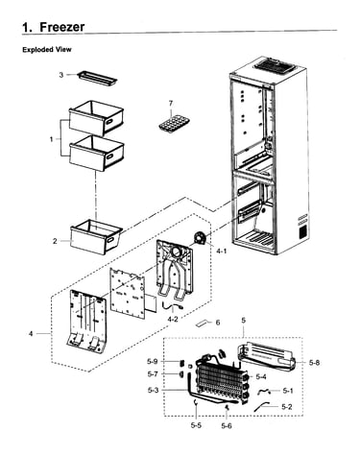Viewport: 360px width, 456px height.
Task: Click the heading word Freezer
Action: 62,27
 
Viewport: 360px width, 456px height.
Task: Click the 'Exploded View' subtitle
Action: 47,50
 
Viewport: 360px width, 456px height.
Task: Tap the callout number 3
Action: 61,75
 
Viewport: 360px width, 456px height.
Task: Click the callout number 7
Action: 171,104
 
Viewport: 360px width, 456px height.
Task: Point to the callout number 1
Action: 52,139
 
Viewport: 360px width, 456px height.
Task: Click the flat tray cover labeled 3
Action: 97,78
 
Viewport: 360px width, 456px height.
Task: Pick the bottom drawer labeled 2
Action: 96,236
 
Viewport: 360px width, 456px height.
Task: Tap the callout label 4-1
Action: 221,251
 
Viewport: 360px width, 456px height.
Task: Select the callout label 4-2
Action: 173,319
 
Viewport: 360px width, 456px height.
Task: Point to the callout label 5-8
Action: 314,363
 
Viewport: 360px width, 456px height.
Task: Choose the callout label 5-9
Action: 153,362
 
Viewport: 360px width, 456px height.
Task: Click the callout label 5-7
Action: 153,373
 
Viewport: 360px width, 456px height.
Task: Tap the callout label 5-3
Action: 153,390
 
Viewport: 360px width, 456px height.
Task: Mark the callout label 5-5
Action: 196,425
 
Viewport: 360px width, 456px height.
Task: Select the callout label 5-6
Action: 227,426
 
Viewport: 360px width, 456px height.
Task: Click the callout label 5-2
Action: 287,407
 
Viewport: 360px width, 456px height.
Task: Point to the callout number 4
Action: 31,334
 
